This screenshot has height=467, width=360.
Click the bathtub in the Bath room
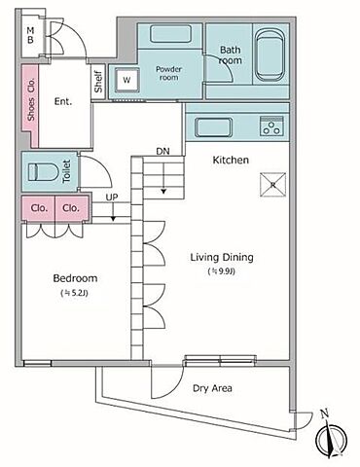click(269, 55)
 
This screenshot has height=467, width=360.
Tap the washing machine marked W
click(126, 80)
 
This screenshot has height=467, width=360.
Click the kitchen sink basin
click(213, 127)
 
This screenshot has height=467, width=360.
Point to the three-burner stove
click(271, 126)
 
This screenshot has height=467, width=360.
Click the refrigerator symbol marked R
click(273, 185)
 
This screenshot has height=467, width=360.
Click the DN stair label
click(162, 151)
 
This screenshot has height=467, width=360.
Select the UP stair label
click(112, 198)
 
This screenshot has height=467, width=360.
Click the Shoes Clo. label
click(31, 99)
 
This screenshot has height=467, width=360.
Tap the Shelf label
click(98, 82)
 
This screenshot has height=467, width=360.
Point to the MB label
click(30, 35)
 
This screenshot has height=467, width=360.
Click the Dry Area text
click(212, 388)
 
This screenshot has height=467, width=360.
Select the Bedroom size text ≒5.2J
click(75, 293)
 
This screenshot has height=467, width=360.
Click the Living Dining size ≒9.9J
click(221, 271)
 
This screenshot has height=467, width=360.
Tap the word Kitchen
click(231, 160)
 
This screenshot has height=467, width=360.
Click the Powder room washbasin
click(171, 34)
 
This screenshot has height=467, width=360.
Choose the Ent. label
click(63, 101)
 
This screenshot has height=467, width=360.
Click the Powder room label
click(168, 73)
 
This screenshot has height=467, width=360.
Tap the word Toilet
click(66, 171)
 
